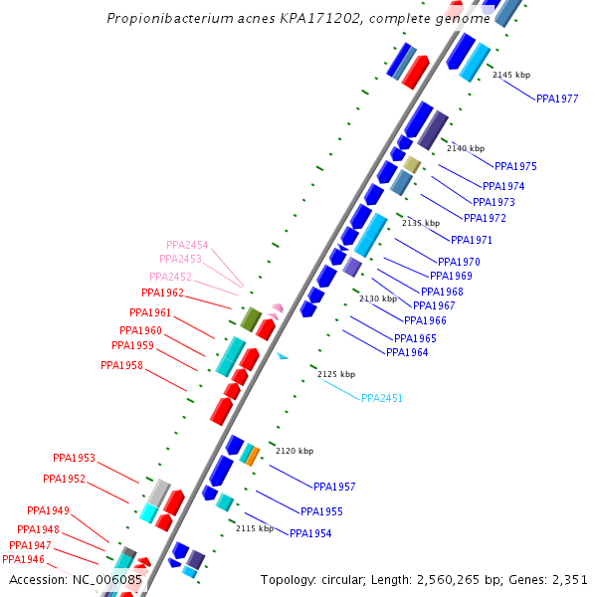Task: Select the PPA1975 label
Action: tap(515, 166)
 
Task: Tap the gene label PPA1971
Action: tap(471, 240)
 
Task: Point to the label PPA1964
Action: tap(407, 352)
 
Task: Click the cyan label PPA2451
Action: tap(382, 398)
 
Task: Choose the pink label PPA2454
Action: tap(187, 245)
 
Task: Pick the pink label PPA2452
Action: tap(170, 277)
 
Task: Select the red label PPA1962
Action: tap(162, 293)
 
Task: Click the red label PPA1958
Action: tap(121, 365)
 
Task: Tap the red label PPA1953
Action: tap(74, 458)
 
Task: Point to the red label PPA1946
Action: tap(23, 559)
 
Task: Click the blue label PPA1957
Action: tap(334, 487)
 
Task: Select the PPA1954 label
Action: tap(310, 534)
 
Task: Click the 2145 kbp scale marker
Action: tap(511, 75)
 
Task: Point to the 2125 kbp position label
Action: tap(336, 374)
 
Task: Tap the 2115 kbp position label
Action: tap(254, 528)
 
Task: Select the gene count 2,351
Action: tap(568, 579)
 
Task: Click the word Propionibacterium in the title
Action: tap(161, 19)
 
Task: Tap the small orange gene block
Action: tap(253, 456)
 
